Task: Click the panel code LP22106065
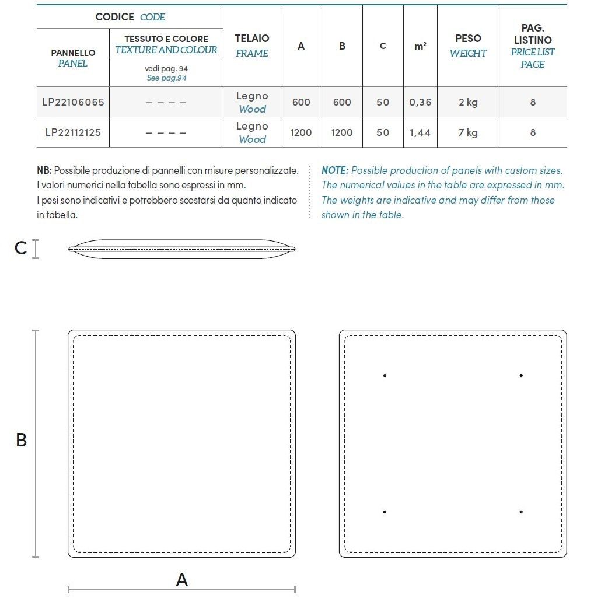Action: tap(73, 102)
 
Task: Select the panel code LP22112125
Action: tap(73, 132)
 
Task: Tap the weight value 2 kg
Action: tap(468, 102)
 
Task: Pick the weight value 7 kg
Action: tap(468, 132)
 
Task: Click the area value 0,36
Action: tap(420, 102)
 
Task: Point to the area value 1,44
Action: tap(420, 132)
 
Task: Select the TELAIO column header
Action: tap(252, 39)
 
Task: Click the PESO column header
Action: tap(468, 39)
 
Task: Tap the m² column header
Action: tap(420, 46)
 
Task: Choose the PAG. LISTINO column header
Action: tap(533, 34)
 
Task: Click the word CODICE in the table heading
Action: tap(115, 17)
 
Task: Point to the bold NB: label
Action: tap(44, 170)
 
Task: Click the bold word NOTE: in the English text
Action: tap(335, 170)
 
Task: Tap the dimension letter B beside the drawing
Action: tap(21, 440)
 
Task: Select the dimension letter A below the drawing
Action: tap(182, 580)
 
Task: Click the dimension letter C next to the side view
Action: tap(20, 249)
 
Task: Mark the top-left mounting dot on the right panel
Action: tap(385, 375)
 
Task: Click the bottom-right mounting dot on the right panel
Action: tap(521, 512)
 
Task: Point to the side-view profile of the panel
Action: tap(181, 249)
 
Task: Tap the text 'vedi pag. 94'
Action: tap(166, 68)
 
